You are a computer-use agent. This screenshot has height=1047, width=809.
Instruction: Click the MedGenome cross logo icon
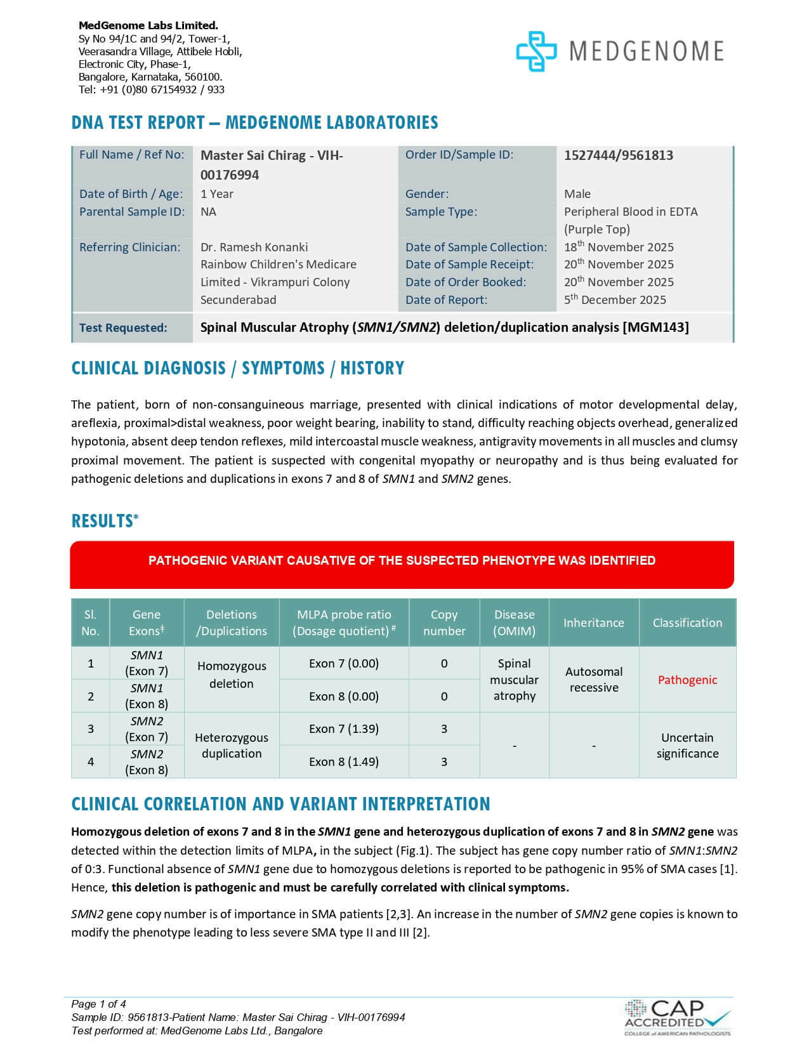[x=536, y=51]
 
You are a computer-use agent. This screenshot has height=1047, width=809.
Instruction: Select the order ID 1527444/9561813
[x=618, y=155]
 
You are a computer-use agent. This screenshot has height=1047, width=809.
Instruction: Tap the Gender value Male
[x=577, y=194]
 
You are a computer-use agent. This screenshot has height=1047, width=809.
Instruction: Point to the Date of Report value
[x=615, y=300]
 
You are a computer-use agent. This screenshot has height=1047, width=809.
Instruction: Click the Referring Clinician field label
[x=129, y=247]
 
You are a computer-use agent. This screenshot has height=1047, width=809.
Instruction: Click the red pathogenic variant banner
[x=402, y=561]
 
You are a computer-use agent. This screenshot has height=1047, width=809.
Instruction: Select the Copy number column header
[x=444, y=622]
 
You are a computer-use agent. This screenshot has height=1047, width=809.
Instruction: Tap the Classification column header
[x=687, y=622]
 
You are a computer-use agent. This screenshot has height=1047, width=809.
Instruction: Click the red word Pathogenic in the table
[x=687, y=680]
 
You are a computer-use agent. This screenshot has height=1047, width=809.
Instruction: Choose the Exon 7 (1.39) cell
[x=344, y=729]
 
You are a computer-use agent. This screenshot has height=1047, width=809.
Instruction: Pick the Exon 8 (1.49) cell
[x=344, y=762]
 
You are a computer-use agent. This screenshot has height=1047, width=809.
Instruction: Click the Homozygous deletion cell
[x=232, y=675]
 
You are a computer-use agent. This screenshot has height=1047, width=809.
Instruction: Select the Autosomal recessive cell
[x=593, y=680]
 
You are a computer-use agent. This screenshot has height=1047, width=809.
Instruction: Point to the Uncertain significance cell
[x=687, y=746]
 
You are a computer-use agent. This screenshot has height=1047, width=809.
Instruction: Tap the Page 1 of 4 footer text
[x=98, y=1004]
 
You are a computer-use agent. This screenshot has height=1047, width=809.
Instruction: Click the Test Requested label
[x=123, y=328]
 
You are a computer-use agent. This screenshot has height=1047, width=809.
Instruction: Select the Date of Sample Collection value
[x=619, y=247]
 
